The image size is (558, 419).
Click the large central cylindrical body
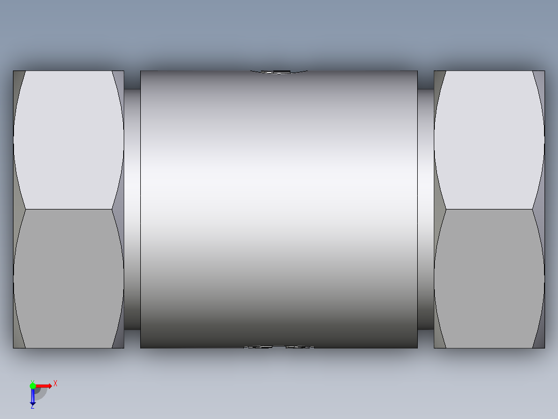point(278,207)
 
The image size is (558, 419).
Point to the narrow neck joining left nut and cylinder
point(132,207)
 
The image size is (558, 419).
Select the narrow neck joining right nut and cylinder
point(425,207)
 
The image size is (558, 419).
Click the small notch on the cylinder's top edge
point(280,72)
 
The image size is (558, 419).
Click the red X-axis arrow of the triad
point(45,385)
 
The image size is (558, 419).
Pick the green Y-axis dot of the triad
point(33,385)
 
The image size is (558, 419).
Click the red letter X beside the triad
point(55,383)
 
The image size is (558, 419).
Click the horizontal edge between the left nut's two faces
point(68,209)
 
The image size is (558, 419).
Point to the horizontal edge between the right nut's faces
point(489,209)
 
